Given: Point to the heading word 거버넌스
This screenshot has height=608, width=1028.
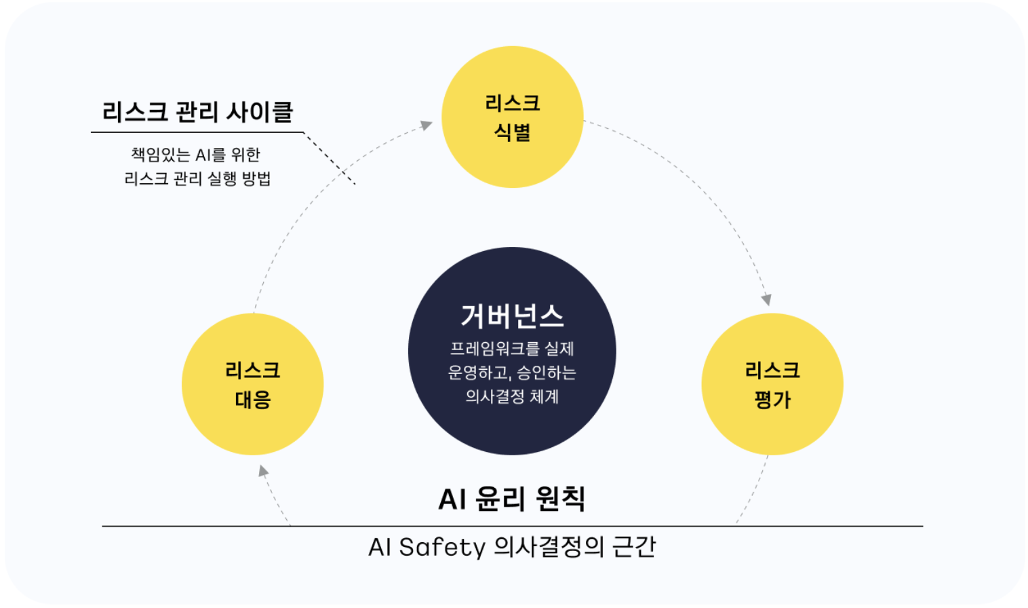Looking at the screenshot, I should click(x=512, y=316).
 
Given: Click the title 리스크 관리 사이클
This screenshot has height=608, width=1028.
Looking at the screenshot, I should click(x=197, y=112).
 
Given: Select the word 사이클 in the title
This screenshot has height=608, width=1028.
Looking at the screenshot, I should click(x=260, y=112).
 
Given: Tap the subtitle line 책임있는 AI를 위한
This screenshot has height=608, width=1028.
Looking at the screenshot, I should click(x=195, y=155).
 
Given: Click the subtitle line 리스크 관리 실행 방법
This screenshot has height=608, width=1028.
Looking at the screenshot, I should click(x=197, y=178).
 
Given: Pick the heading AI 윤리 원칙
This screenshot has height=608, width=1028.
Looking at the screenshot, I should click(x=512, y=499).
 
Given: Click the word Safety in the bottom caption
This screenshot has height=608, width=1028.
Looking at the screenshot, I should click(x=442, y=547).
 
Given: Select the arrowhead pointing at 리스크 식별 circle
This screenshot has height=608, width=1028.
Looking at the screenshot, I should click(x=427, y=125).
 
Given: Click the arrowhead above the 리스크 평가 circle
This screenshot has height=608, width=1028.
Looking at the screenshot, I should click(x=766, y=300).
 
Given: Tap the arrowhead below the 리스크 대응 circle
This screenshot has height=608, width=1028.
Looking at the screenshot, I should click(x=263, y=471).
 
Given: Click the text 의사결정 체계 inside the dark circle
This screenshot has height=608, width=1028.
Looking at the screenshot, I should click(x=512, y=396).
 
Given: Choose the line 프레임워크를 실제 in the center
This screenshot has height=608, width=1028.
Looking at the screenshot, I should click(x=512, y=349).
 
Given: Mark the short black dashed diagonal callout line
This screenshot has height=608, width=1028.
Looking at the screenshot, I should click(x=330, y=159).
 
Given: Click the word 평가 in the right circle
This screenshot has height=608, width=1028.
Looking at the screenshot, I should click(x=772, y=400).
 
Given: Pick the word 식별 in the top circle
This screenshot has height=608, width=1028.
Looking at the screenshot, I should click(x=512, y=132).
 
